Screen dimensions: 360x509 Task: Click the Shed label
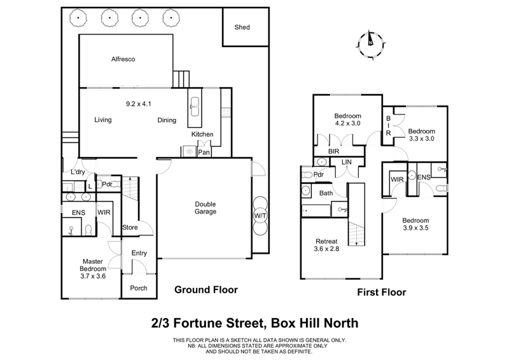pyautogui.click(x=242, y=27)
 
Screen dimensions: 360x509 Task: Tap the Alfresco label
pyautogui.click(x=124, y=59)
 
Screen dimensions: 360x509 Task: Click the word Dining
pyautogui.click(x=168, y=120)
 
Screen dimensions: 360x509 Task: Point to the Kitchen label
pyautogui.click(x=202, y=135)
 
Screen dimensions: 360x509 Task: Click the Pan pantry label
pyautogui.click(x=204, y=153)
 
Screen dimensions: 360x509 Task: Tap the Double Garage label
pyautogui.click(x=205, y=208)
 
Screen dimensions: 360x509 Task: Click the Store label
pyautogui.click(x=130, y=226)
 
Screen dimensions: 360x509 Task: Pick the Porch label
pyautogui.click(x=138, y=288)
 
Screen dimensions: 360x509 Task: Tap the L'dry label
pyautogui.click(x=78, y=172)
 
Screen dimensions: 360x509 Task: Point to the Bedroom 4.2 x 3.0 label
pyautogui.click(x=347, y=120)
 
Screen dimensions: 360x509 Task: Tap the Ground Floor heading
pyautogui.click(x=206, y=290)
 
